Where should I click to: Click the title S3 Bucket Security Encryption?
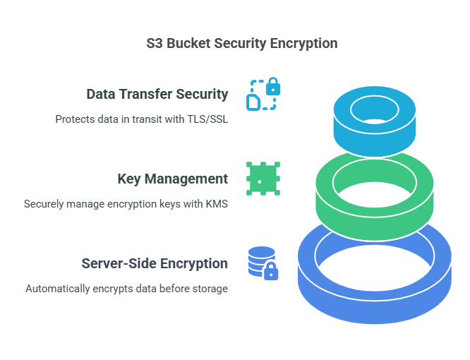point(241,43)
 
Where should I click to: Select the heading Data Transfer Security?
point(157,94)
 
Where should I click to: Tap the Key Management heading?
point(172,179)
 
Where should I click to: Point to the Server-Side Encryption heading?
point(155,263)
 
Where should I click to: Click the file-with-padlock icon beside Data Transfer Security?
point(262,95)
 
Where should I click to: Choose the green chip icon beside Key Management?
point(263,179)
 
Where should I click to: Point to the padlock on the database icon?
point(270,270)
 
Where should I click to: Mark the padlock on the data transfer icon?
point(272,88)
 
